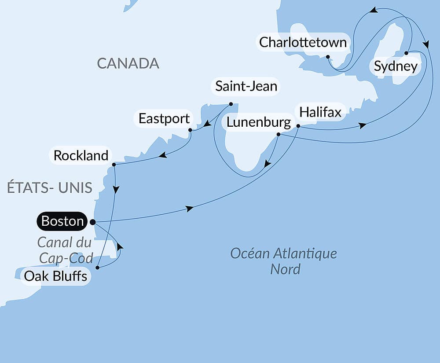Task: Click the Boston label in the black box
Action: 62,221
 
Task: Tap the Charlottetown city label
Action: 303,43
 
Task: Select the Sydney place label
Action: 396,67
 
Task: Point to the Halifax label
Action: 320,113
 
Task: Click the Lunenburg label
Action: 259,123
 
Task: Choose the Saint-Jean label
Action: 246,86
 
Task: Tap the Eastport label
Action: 164,119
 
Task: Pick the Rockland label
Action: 81,155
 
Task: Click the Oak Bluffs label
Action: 55,277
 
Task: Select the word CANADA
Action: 128,63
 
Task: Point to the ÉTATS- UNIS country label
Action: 50,188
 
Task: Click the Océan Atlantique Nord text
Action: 284,261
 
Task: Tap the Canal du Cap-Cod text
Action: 65,250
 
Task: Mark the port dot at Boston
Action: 92,222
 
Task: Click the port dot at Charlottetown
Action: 328,57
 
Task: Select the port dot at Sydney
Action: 406,53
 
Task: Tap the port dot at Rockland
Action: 114,165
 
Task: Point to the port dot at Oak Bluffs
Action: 97,267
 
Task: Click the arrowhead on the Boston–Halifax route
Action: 190,209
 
